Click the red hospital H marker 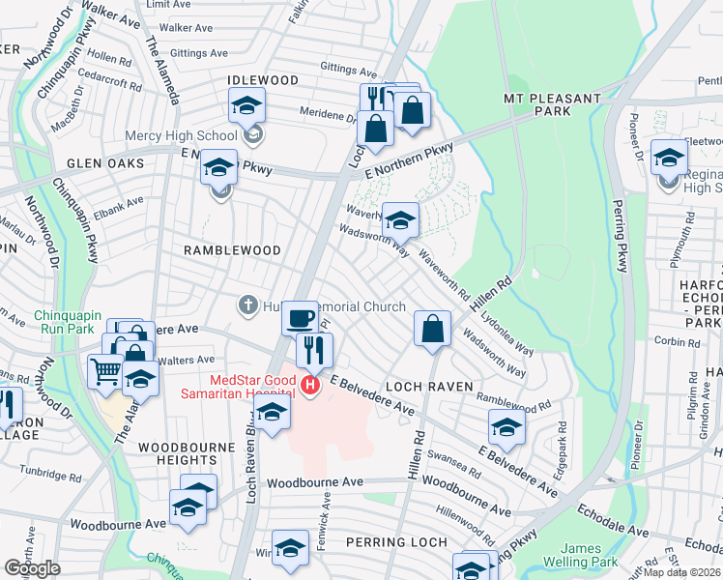click(310, 387)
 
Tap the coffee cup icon click(300, 318)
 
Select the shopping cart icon click(105, 369)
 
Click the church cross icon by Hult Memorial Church click(247, 306)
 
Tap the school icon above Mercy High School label click(247, 104)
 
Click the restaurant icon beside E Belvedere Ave click(314, 349)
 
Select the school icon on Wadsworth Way click(400, 219)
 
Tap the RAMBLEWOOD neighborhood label click(232, 250)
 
